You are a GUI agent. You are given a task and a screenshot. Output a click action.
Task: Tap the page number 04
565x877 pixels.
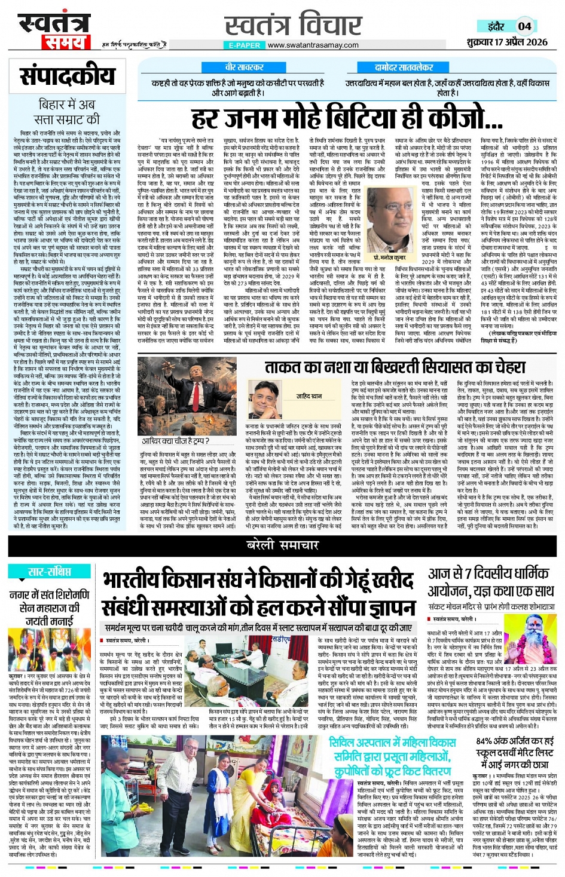click(x=524, y=26)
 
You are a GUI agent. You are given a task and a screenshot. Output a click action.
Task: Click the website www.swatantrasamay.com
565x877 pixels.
click(x=313, y=45)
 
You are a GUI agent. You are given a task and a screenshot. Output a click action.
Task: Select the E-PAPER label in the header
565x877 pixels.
click(x=245, y=45)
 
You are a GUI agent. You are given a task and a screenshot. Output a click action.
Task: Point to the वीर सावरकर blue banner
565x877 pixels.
click(x=244, y=68)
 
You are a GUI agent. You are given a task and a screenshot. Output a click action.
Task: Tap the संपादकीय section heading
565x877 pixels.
click(x=67, y=77)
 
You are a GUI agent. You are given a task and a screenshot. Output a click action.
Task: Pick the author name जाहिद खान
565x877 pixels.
click(x=310, y=396)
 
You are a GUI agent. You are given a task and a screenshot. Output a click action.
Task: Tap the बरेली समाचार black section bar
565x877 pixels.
click(x=282, y=545)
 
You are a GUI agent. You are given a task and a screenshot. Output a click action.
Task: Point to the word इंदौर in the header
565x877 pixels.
click(x=495, y=26)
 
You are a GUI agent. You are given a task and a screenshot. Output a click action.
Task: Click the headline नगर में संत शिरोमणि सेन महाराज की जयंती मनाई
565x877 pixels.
click(x=50, y=608)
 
